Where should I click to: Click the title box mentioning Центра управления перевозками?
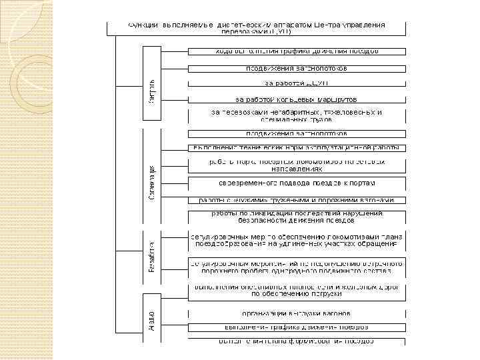click(257, 28)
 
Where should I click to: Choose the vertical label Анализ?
click(152, 317)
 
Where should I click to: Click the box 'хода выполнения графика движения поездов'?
click(296, 51)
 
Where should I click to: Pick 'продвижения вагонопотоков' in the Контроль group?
click(296, 67)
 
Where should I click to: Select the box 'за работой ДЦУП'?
click(296, 83)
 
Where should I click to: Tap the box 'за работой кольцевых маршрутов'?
click(296, 99)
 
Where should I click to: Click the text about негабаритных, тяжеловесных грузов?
click(296, 116)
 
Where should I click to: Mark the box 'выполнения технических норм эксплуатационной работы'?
click(296, 147)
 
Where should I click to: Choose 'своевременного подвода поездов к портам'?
click(296, 183)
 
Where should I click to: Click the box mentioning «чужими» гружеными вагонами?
click(296, 200)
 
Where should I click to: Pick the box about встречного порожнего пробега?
click(296, 268)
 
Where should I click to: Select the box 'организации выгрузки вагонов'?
click(296, 313)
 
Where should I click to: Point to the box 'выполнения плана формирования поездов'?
click(296, 341)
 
